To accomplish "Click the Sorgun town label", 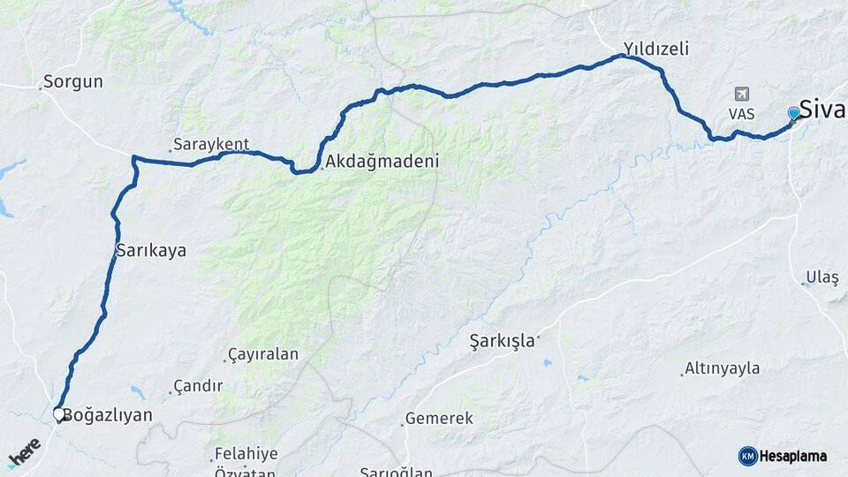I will (75, 82).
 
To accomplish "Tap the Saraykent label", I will (212, 144).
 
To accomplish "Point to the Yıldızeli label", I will (655, 49).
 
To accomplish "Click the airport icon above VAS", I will (741, 95).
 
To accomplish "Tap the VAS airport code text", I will (741, 114).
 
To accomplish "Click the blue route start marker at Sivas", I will (793, 112).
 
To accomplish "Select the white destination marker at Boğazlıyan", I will (59, 413).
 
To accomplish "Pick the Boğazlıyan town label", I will (109, 414).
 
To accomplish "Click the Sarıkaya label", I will (151, 250).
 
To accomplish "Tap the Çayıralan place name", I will (263, 354).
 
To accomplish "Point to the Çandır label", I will (198, 386).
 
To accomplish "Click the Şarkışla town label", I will (502, 341).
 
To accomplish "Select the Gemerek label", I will (439, 419).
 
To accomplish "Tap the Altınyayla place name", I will (723, 368).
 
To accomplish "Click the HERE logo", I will (25, 451).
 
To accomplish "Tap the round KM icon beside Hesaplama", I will (747, 456).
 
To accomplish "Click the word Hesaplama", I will (793, 456).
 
